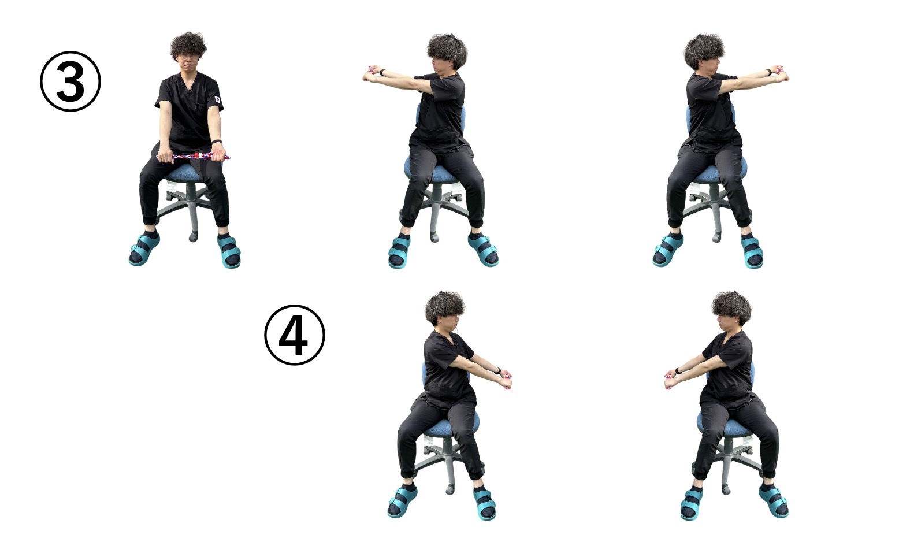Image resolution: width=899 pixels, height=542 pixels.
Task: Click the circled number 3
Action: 70,81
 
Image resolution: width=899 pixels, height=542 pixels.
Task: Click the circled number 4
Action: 295,335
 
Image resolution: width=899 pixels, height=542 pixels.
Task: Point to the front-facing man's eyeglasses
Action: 187,57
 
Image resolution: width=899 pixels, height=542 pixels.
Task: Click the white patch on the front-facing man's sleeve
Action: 217,99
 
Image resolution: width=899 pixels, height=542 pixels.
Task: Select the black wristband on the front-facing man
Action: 217,142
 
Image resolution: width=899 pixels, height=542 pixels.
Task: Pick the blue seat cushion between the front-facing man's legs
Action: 185,173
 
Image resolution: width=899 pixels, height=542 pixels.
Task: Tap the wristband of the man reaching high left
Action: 382,73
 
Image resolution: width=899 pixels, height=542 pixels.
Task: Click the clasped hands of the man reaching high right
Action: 780,73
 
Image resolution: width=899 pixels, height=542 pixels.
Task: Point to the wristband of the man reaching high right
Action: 768,72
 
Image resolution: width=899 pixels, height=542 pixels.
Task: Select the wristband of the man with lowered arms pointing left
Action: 679,370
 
